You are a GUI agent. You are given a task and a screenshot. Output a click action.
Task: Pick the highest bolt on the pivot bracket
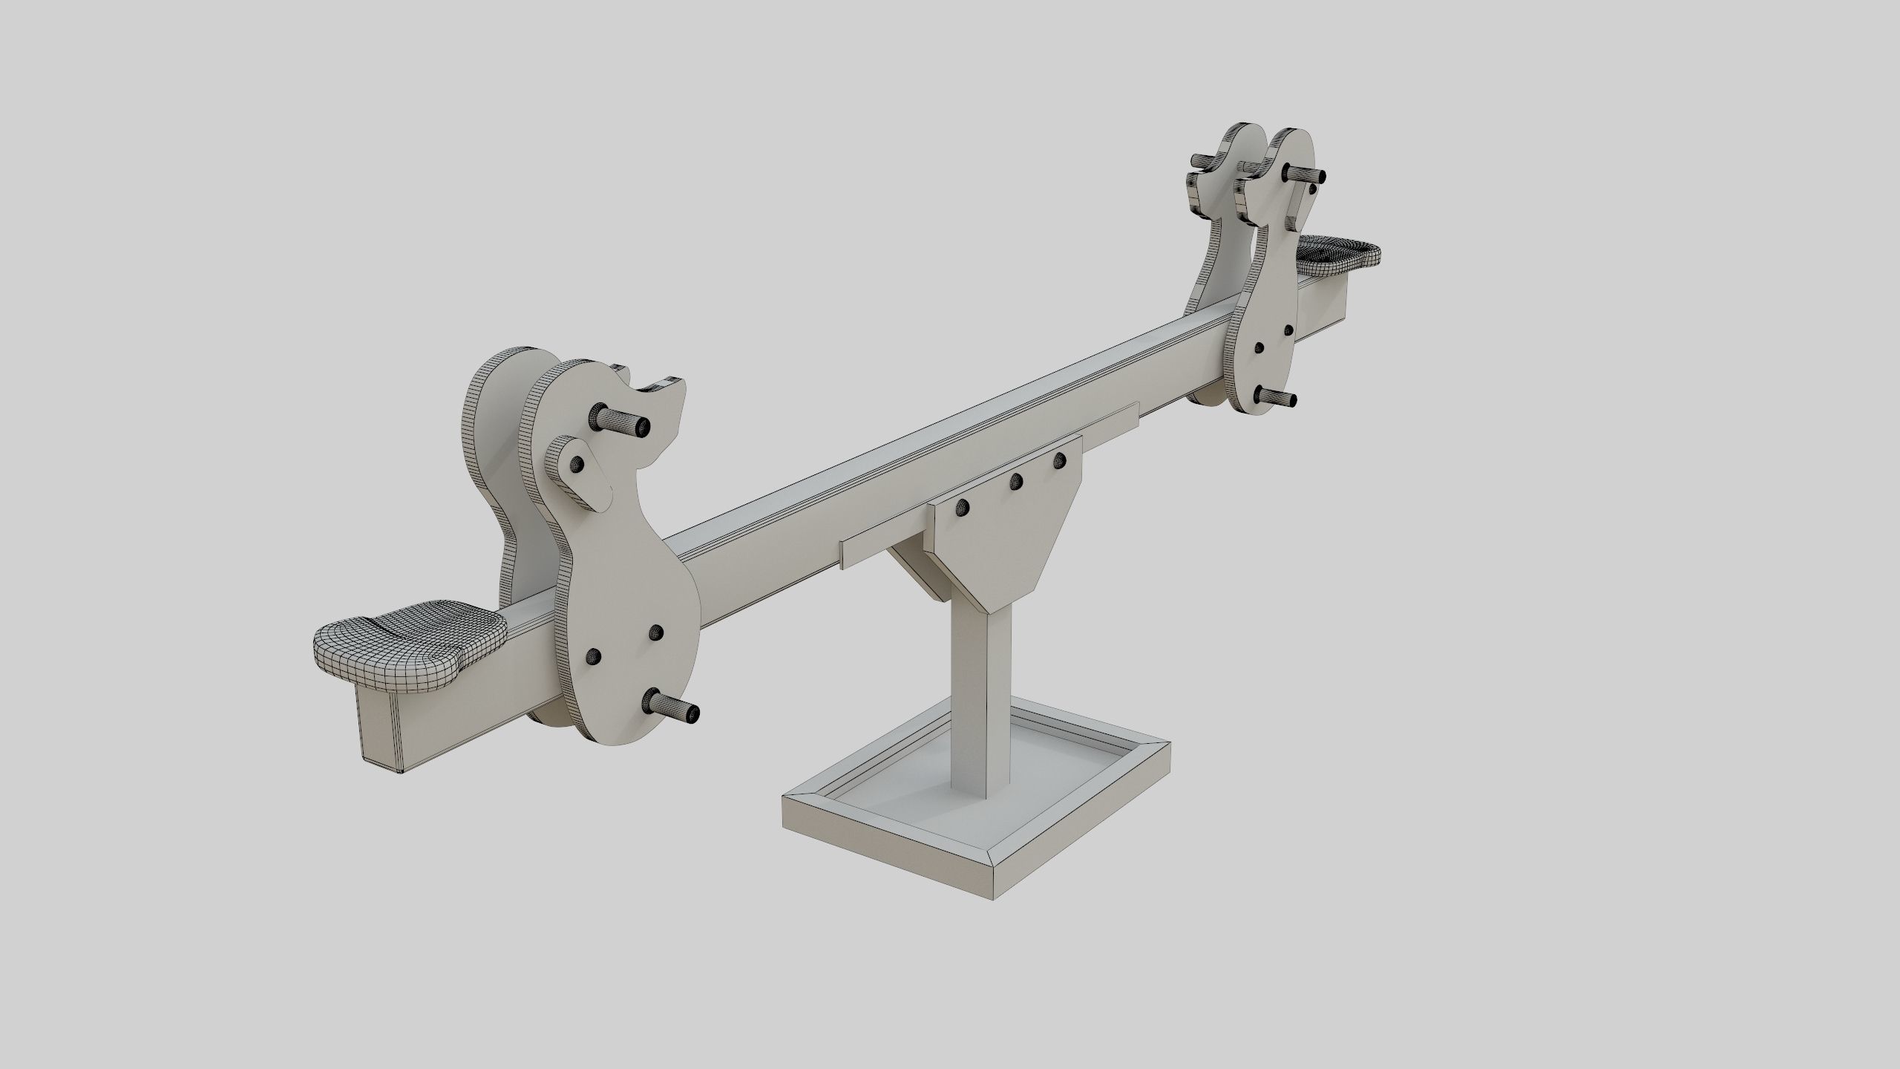pyautogui.click(x=1059, y=460)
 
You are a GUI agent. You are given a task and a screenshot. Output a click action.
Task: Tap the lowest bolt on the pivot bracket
pyautogui.click(x=963, y=508)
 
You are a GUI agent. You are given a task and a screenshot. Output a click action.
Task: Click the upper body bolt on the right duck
pyautogui.click(x=1288, y=328)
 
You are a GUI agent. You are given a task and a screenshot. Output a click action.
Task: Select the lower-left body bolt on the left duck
pyautogui.click(x=594, y=656)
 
